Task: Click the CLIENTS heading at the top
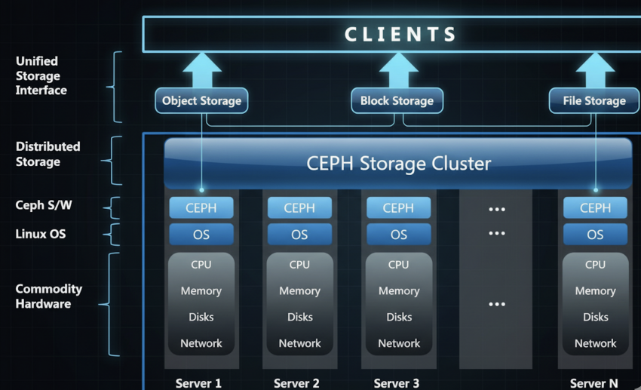click(400, 35)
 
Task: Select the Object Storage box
click(201, 101)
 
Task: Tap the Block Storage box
click(397, 101)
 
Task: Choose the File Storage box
click(594, 101)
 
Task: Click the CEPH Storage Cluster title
click(398, 164)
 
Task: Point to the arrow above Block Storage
click(398, 71)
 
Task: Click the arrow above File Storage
click(595, 71)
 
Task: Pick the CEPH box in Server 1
click(201, 208)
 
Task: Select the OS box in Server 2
click(299, 235)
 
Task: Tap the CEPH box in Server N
click(595, 208)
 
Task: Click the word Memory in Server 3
click(398, 291)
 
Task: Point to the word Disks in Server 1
click(201, 318)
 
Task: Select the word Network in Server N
click(595, 344)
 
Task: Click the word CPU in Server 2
click(299, 265)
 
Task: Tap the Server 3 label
click(397, 383)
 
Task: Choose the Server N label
click(593, 383)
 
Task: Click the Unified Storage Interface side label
click(41, 75)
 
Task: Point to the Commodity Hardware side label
click(49, 296)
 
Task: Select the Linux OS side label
click(41, 234)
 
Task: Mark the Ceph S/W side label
click(43, 205)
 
